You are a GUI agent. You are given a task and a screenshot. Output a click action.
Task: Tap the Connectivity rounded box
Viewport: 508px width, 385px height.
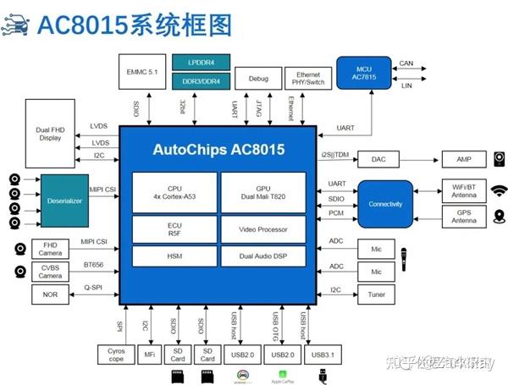(385, 204)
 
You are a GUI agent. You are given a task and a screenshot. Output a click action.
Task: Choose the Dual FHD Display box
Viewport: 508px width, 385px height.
(50, 134)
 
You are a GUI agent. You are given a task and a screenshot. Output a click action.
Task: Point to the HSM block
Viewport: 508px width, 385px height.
(175, 256)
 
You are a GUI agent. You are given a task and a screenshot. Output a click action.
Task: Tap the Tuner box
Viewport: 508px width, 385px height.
(376, 294)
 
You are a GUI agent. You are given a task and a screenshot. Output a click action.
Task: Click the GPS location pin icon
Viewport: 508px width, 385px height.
(498, 217)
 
